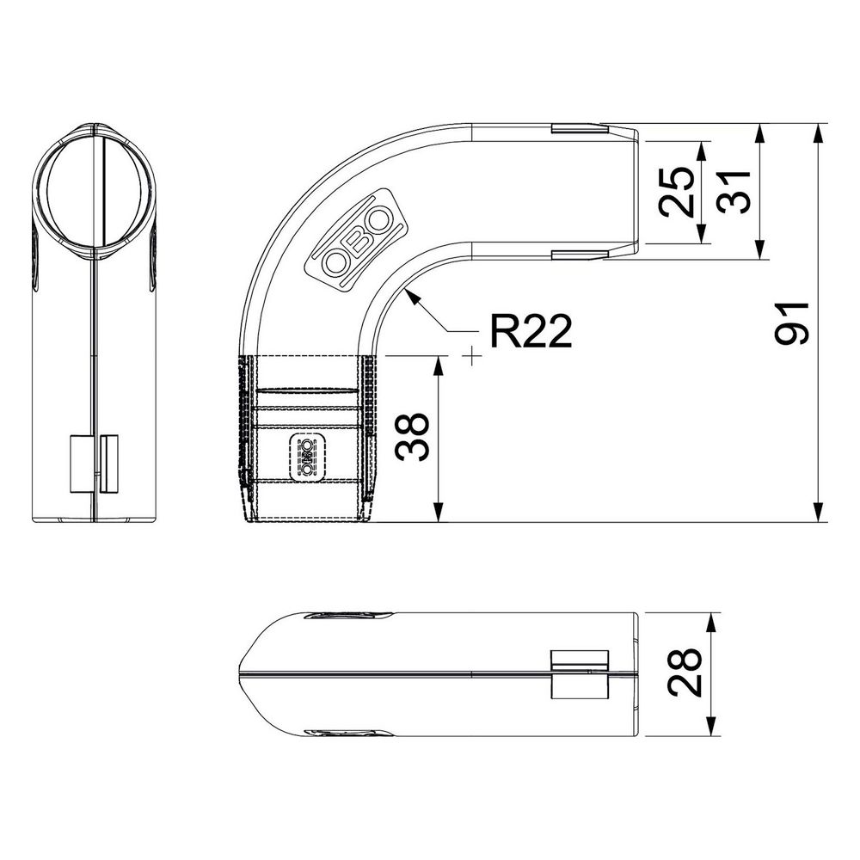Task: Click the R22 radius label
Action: point(531,331)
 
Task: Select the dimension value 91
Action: point(792,323)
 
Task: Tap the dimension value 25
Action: point(677,192)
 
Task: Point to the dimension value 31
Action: point(734,192)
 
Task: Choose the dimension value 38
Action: point(412,437)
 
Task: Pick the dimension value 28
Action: point(685,673)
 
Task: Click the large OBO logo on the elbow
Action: point(357,239)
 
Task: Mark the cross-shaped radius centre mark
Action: point(471,357)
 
